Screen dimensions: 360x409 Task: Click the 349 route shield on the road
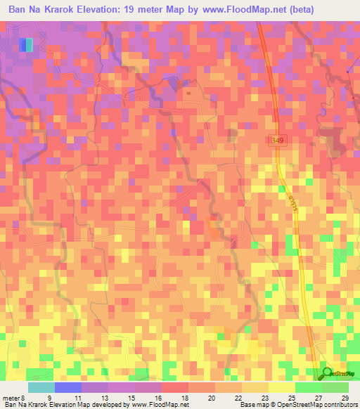pos(278,141)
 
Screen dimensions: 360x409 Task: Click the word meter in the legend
pos(11,398)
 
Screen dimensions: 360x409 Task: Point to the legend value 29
pos(343,398)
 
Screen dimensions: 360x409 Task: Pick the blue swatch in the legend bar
pos(67,387)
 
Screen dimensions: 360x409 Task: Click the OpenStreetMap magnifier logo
pos(326,374)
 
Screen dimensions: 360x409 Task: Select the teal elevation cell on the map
pos(30,45)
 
